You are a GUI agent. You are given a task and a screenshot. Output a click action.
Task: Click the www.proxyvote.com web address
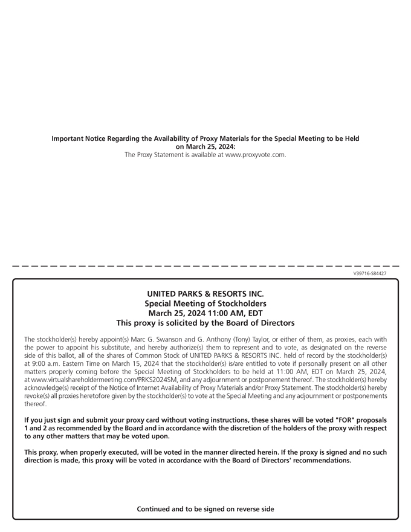click(254, 155)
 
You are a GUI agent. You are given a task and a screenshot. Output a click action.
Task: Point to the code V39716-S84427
click(370, 273)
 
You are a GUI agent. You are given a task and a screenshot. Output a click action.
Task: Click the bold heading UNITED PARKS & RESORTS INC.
click(205, 294)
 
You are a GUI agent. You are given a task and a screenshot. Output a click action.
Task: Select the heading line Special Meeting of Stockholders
click(205, 303)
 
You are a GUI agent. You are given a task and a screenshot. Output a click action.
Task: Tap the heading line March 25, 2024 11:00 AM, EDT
click(205, 313)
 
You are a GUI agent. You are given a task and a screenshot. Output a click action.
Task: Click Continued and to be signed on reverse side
click(205, 509)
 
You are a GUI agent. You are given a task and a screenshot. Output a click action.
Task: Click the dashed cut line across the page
click(205, 265)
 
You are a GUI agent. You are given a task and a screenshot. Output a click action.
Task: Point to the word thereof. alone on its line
click(35, 403)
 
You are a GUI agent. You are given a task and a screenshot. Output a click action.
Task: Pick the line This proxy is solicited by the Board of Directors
click(205, 323)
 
